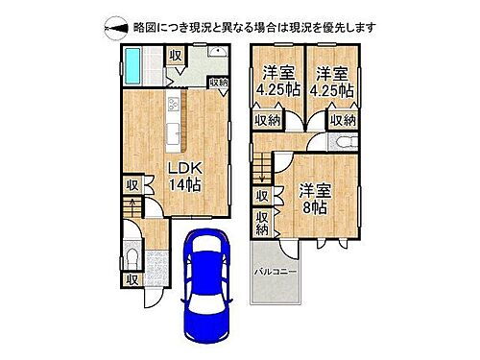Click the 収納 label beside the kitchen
pos(218,84)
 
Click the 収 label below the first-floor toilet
pos(132,280)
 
